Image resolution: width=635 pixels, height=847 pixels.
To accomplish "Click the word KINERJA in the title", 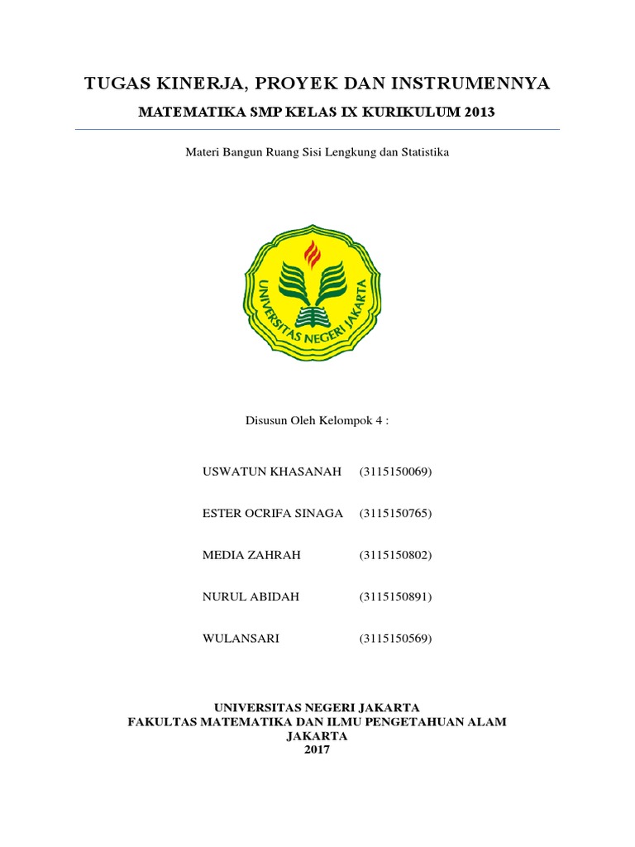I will tap(188, 84).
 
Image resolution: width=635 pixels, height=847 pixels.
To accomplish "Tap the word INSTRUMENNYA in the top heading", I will tap(469, 84).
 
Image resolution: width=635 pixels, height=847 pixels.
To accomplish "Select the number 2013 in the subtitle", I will tap(475, 112).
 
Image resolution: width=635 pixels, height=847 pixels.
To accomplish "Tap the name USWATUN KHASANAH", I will tap(272, 472).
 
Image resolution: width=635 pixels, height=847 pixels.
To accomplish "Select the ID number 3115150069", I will tap(395, 472).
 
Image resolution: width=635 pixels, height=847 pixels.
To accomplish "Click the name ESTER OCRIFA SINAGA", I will tap(272, 514).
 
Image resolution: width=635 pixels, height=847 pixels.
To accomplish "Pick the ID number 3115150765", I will tap(395, 514).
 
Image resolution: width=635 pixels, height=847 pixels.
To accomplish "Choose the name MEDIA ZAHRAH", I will tap(251, 555).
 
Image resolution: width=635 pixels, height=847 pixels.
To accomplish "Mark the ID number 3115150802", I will tap(395, 555).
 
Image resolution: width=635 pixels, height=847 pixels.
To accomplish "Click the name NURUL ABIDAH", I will tap(251, 596).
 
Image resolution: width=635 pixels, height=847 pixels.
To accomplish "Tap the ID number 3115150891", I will tap(395, 596).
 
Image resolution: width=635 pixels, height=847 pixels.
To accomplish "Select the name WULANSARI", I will tap(241, 639).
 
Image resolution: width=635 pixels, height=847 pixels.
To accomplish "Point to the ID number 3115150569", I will tap(395, 639).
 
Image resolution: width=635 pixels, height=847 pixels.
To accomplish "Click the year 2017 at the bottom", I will tap(317, 749).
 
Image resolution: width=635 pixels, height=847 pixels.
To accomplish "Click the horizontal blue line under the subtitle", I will tap(317, 130).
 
